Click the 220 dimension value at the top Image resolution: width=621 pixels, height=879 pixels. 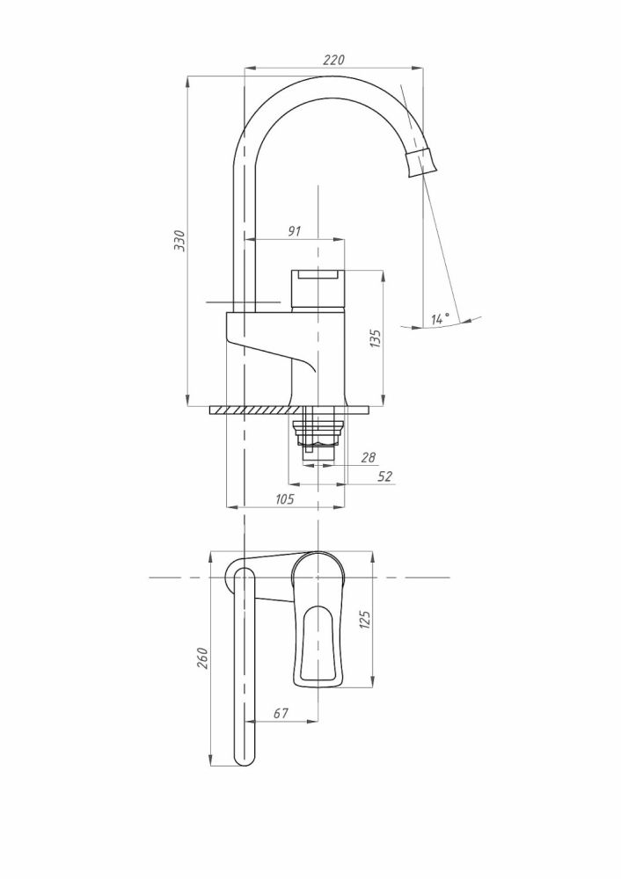point(332,60)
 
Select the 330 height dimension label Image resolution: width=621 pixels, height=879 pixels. point(179,241)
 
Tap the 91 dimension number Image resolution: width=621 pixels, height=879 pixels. point(295,231)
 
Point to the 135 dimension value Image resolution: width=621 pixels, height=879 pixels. point(376,338)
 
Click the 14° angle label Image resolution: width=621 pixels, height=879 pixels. point(440,318)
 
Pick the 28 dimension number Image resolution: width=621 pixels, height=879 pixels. point(368,457)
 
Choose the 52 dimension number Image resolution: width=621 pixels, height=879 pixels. point(385,476)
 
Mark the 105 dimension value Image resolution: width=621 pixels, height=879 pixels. point(285,499)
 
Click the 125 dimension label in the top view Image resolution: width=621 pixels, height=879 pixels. point(365,620)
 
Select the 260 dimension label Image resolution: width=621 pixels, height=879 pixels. point(202,658)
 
